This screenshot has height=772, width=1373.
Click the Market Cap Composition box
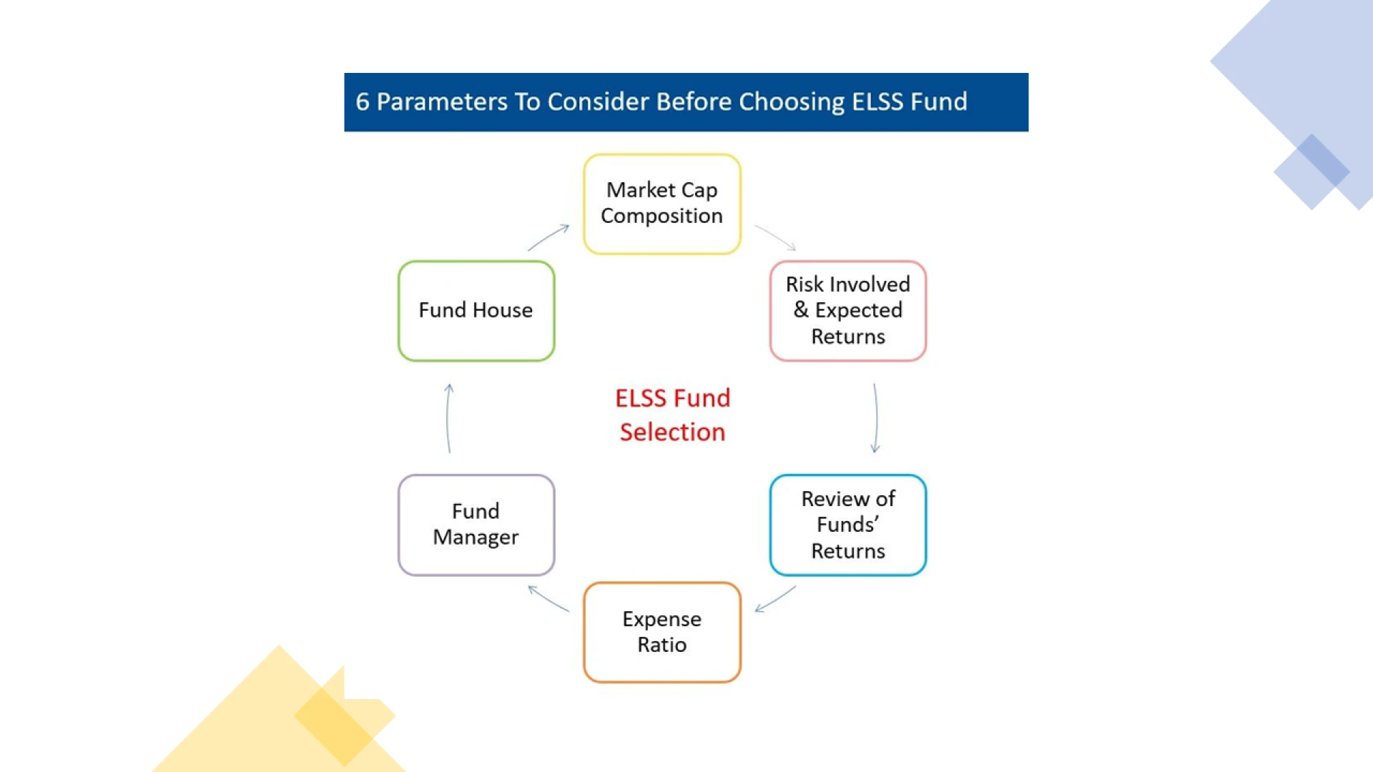[x=662, y=204]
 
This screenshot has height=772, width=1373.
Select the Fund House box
[x=476, y=311]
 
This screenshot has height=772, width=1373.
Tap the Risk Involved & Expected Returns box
[x=848, y=311]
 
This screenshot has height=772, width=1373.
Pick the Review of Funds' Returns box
[x=848, y=525]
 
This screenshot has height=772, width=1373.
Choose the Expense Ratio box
[x=662, y=633]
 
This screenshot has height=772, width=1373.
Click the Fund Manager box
[x=476, y=525]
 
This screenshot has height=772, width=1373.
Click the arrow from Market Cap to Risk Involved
[x=776, y=237]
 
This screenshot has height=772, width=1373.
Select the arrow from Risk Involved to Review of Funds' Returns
[x=876, y=418]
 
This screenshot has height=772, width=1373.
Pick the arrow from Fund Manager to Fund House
[x=448, y=418]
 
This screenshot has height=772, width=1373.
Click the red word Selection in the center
[x=672, y=432]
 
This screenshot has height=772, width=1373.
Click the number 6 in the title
[x=363, y=102]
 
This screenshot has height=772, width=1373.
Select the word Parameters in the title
[x=442, y=102]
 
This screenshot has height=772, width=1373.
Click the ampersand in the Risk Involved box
[x=801, y=310]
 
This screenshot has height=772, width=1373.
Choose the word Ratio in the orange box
[x=662, y=645]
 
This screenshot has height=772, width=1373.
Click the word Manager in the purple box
[x=476, y=538]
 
